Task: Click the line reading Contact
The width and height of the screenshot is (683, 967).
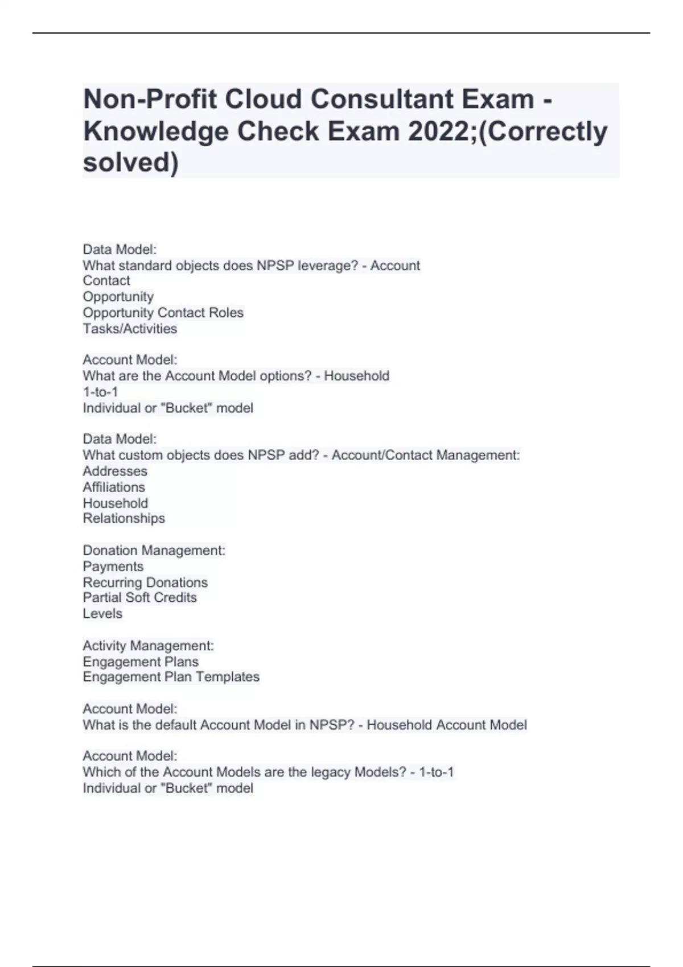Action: [x=106, y=281]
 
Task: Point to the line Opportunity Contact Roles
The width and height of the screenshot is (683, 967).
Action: [x=163, y=313]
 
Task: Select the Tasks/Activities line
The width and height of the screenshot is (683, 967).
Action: [x=130, y=329]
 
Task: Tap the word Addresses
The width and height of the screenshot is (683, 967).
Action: [x=115, y=472]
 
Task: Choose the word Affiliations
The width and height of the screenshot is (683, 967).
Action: [x=114, y=487]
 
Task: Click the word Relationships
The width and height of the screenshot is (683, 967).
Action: [x=124, y=519]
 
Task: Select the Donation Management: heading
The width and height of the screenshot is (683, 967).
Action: [x=154, y=551]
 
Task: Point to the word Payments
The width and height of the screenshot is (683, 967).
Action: [x=113, y=567]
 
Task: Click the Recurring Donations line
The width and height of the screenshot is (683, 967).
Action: [x=145, y=582]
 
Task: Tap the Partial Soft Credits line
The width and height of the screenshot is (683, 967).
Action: [x=139, y=598]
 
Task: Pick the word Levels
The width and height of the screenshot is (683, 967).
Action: [x=102, y=614]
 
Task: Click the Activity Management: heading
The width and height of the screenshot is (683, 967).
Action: [x=148, y=646]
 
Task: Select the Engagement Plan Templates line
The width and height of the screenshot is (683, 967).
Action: [x=171, y=677]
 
